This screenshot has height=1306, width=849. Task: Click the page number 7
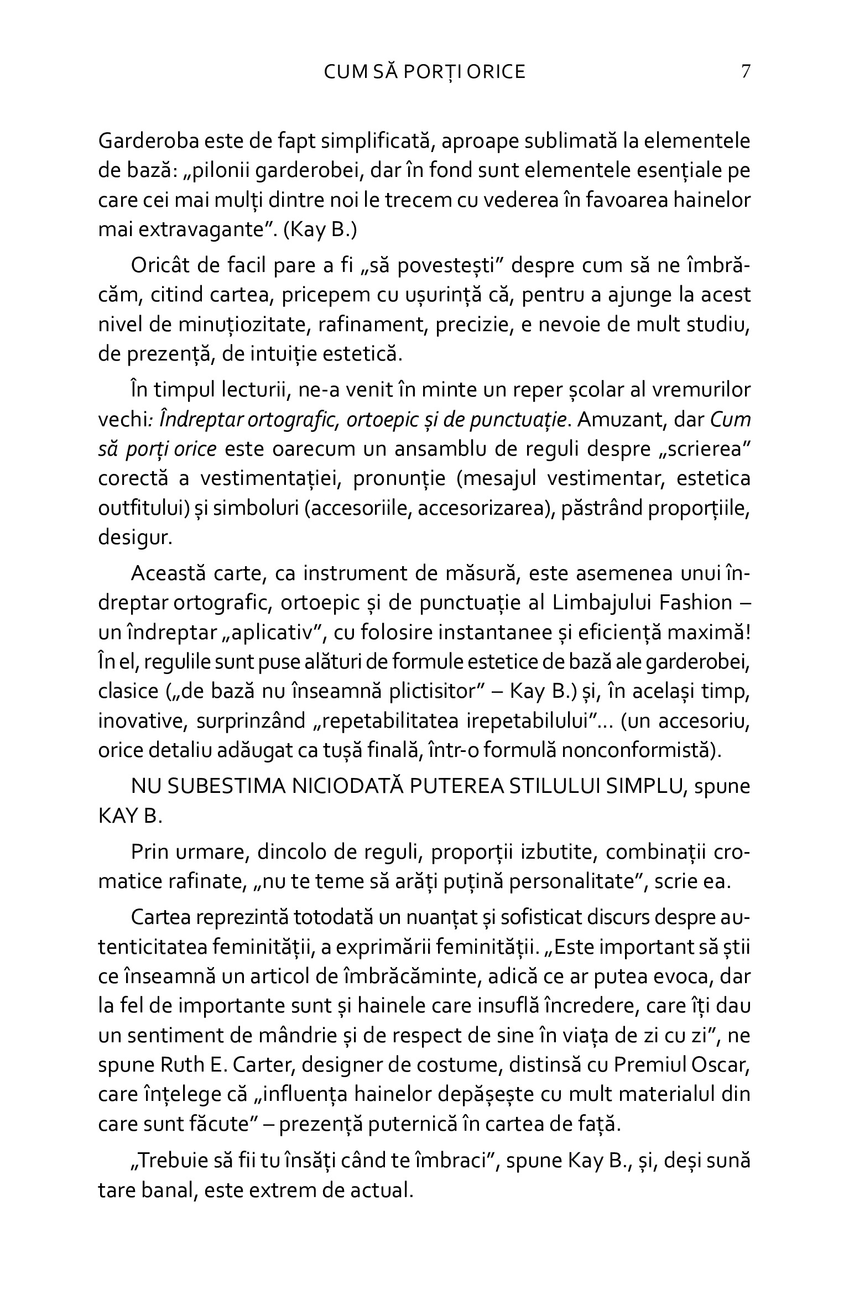[x=745, y=72]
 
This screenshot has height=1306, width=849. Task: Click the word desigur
[x=135, y=538]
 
